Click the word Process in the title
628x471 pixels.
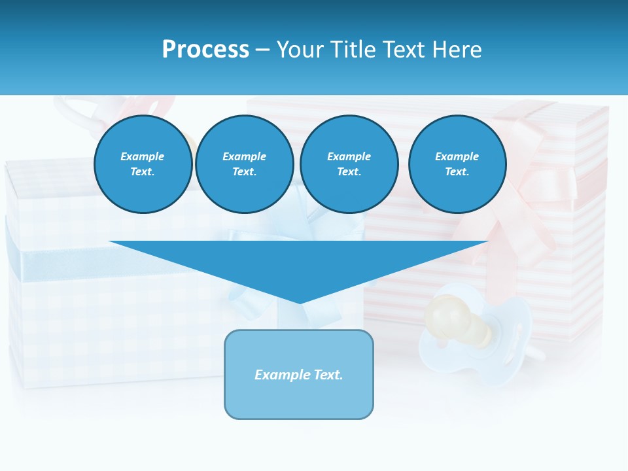(x=205, y=49)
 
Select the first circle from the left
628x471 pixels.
(x=143, y=164)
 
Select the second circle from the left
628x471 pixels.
(x=245, y=164)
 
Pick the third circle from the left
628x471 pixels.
(x=349, y=164)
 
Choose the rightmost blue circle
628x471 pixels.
(x=457, y=164)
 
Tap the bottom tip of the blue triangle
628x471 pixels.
(x=300, y=301)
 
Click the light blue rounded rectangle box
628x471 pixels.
(x=299, y=399)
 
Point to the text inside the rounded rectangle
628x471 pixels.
(x=299, y=375)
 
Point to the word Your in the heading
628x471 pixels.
(x=300, y=49)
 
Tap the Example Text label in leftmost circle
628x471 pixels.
(x=143, y=164)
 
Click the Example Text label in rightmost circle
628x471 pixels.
(x=457, y=164)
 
